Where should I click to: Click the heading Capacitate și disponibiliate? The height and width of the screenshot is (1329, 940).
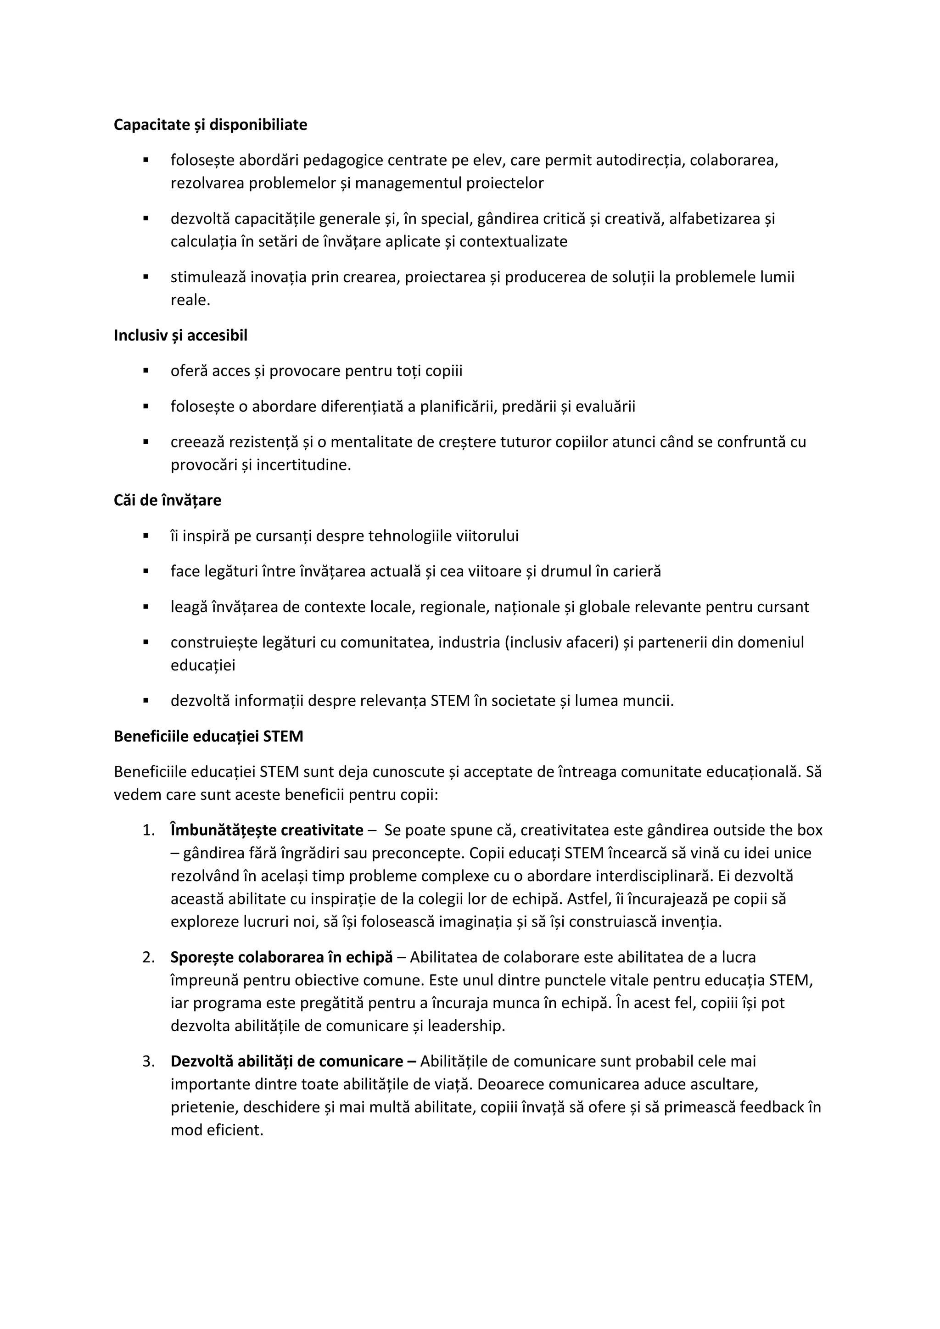[210, 124]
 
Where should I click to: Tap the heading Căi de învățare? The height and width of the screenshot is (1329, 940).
[167, 500]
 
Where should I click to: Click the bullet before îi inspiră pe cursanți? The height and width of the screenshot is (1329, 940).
[146, 536]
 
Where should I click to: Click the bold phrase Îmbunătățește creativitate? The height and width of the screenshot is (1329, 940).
[267, 831]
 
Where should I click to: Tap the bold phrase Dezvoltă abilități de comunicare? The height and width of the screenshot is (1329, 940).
[293, 1061]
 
